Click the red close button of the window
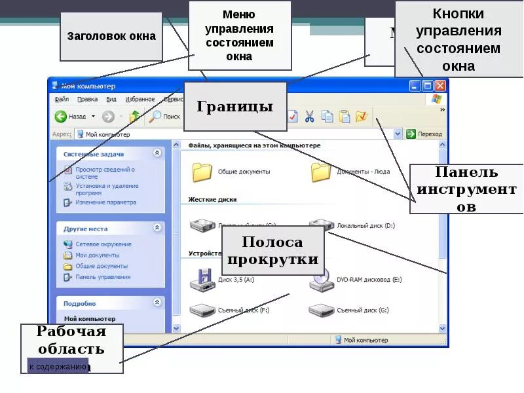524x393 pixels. [x=440, y=86]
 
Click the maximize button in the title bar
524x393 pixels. [x=428, y=86]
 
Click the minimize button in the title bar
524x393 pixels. [x=415, y=86]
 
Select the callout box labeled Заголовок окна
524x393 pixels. [x=111, y=35]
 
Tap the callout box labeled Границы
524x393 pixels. [x=235, y=106]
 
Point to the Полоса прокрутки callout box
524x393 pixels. [x=272, y=251]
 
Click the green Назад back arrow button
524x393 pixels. [x=61, y=117]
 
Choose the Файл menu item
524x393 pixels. [x=62, y=100]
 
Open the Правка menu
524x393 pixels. [x=87, y=100]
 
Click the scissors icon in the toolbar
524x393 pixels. [x=310, y=117]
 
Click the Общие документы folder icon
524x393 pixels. [x=202, y=172]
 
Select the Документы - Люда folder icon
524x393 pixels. [x=320, y=172]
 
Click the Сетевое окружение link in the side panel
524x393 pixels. [x=103, y=244]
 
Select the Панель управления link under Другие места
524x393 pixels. [x=102, y=277]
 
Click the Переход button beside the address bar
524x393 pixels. [x=424, y=134]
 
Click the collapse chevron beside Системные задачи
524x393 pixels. [x=157, y=153]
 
